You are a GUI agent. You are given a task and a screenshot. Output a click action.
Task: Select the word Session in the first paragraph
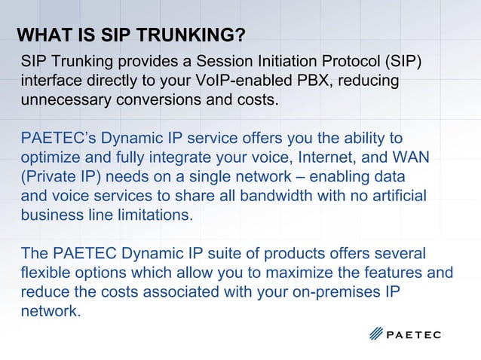click(x=219, y=60)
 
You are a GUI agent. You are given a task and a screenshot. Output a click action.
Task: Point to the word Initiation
click(x=283, y=60)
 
